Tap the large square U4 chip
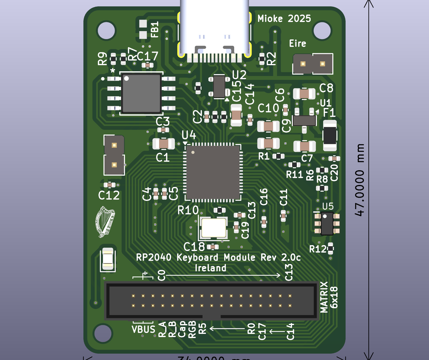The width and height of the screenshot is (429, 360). coord(213,172)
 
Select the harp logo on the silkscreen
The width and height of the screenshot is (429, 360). coord(105,222)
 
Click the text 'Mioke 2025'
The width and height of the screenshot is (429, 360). coord(284,19)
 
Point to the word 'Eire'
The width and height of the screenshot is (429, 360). coord(297,44)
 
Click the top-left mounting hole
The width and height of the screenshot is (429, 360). coord(106,30)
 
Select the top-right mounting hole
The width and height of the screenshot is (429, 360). coord(322,30)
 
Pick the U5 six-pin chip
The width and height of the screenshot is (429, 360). coord(327,224)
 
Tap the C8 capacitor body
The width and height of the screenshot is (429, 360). coord(304,94)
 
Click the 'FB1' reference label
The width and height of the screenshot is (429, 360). coord(155,29)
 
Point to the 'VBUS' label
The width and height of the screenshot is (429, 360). coord(143,329)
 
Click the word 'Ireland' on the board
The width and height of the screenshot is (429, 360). coord(210,268)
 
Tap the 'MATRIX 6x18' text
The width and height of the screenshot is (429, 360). coord(329,297)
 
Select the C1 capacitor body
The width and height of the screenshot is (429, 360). coord(164,144)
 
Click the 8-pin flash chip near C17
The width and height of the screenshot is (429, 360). coord(141,93)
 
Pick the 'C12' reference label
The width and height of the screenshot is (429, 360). coord(109,196)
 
